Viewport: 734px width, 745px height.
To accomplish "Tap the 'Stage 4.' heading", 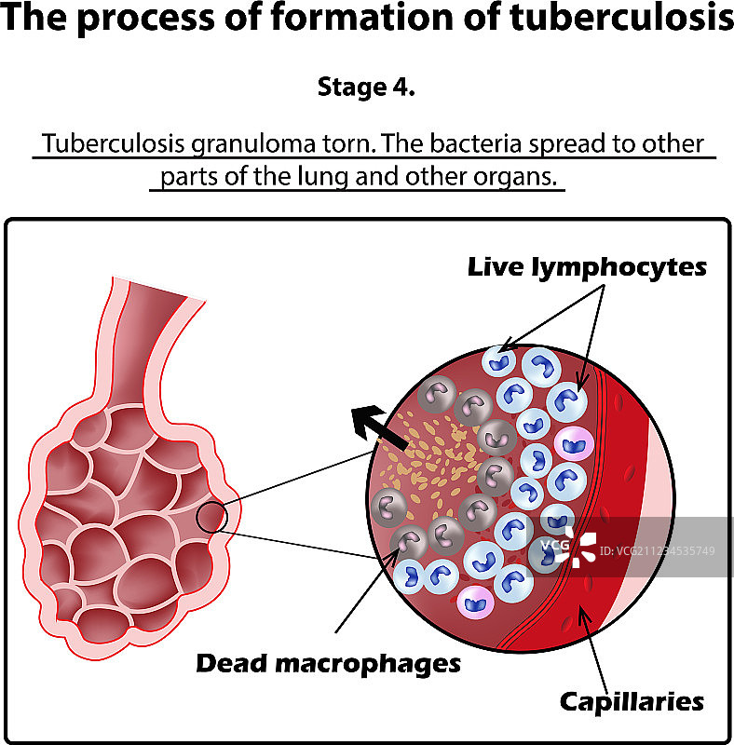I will (366, 88).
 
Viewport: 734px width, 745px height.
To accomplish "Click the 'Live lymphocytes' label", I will (587, 267).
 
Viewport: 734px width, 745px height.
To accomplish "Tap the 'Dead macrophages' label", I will (328, 663).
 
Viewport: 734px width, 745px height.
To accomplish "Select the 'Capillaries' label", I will (632, 700).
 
